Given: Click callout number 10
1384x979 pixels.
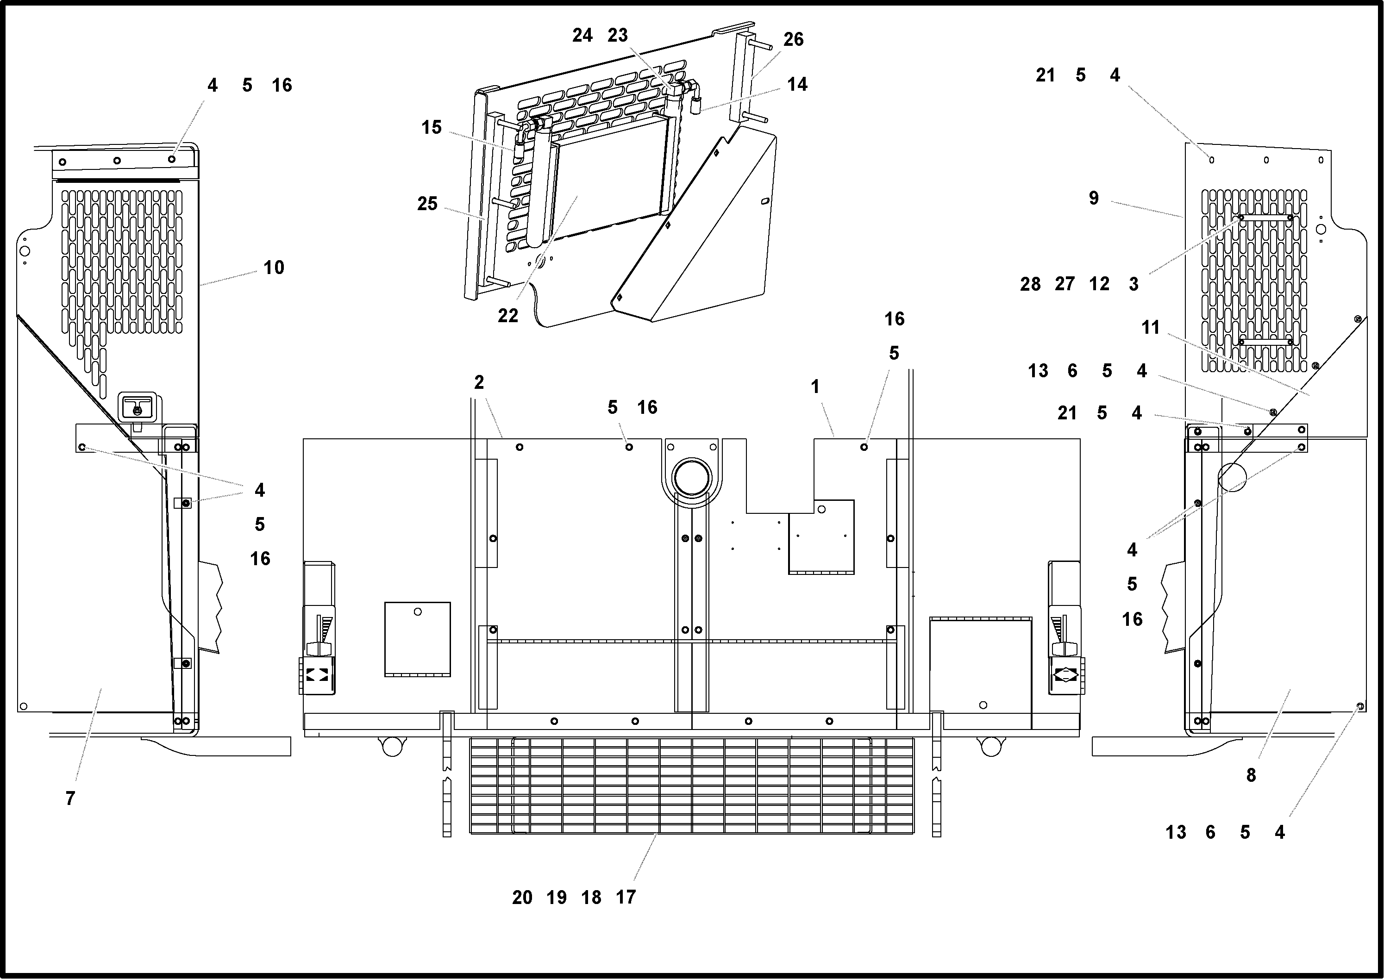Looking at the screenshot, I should tap(273, 268).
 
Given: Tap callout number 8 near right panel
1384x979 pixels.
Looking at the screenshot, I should tap(1251, 775).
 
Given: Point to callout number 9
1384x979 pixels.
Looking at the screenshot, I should tap(1093, 198).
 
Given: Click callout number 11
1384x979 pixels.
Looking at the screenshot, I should tap(1150, 327).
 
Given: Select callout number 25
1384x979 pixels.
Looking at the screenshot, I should tap(427, 204).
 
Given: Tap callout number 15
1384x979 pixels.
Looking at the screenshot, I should tap(431, 127).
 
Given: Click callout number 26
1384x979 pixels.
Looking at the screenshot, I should tap(793, 40).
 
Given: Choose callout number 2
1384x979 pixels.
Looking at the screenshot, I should tap(479, 382).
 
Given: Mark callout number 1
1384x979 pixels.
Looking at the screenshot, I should tap(815, 387).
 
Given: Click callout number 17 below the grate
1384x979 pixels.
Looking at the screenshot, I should tap(626, 898).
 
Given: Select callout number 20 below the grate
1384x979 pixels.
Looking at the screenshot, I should tap(522, 898).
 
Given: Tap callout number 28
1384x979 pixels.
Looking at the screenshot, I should tap(1030, 284).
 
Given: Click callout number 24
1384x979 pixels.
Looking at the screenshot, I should tap(582, 36).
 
